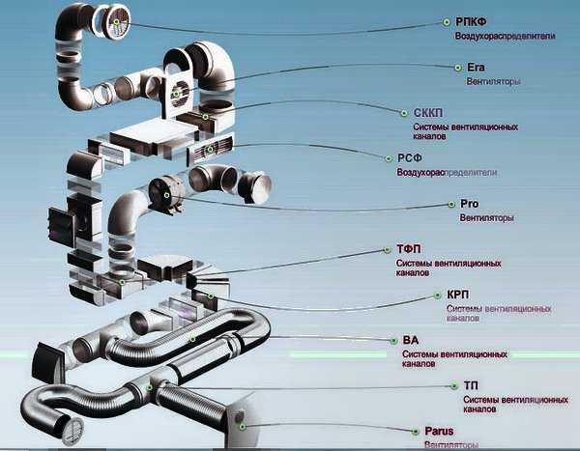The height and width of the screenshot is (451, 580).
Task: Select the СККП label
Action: pos(429,112)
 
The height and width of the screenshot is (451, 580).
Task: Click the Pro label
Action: pos(470,204)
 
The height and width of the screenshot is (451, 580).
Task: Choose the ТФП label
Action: pos(410,248)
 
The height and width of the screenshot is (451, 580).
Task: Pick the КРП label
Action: pos(459,294)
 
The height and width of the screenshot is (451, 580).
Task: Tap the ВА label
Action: pos(410,340)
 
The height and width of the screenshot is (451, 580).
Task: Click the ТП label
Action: pos(470,384)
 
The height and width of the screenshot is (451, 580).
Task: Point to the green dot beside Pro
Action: pos(450,204)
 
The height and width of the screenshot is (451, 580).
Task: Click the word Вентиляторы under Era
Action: pos(494,82)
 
